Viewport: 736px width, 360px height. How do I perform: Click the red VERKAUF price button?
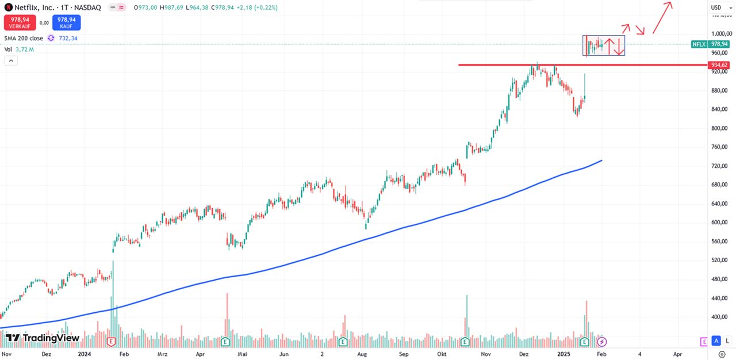(19, 22)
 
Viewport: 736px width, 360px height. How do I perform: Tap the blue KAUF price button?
(67, 22)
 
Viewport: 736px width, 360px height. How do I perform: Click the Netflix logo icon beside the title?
(8, 7)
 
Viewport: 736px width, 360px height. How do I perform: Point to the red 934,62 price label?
(719, 65)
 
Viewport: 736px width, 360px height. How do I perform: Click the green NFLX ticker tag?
(699, 44)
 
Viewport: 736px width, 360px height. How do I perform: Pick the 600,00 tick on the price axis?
(719, 223)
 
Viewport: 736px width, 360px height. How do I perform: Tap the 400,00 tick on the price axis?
(719, 317)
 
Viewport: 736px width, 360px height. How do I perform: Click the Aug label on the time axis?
(362, 354)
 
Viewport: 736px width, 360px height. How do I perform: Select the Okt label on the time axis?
(442, 354)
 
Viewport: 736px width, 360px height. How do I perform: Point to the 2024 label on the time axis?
(85, 354)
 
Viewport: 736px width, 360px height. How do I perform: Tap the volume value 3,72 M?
(24, 49)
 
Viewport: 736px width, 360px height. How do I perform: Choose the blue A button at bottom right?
(716, 341)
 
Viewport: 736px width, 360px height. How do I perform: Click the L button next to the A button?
(727, 341)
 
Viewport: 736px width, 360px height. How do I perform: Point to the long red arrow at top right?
(661, 17)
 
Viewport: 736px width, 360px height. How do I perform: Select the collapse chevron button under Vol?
(10, 61)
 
